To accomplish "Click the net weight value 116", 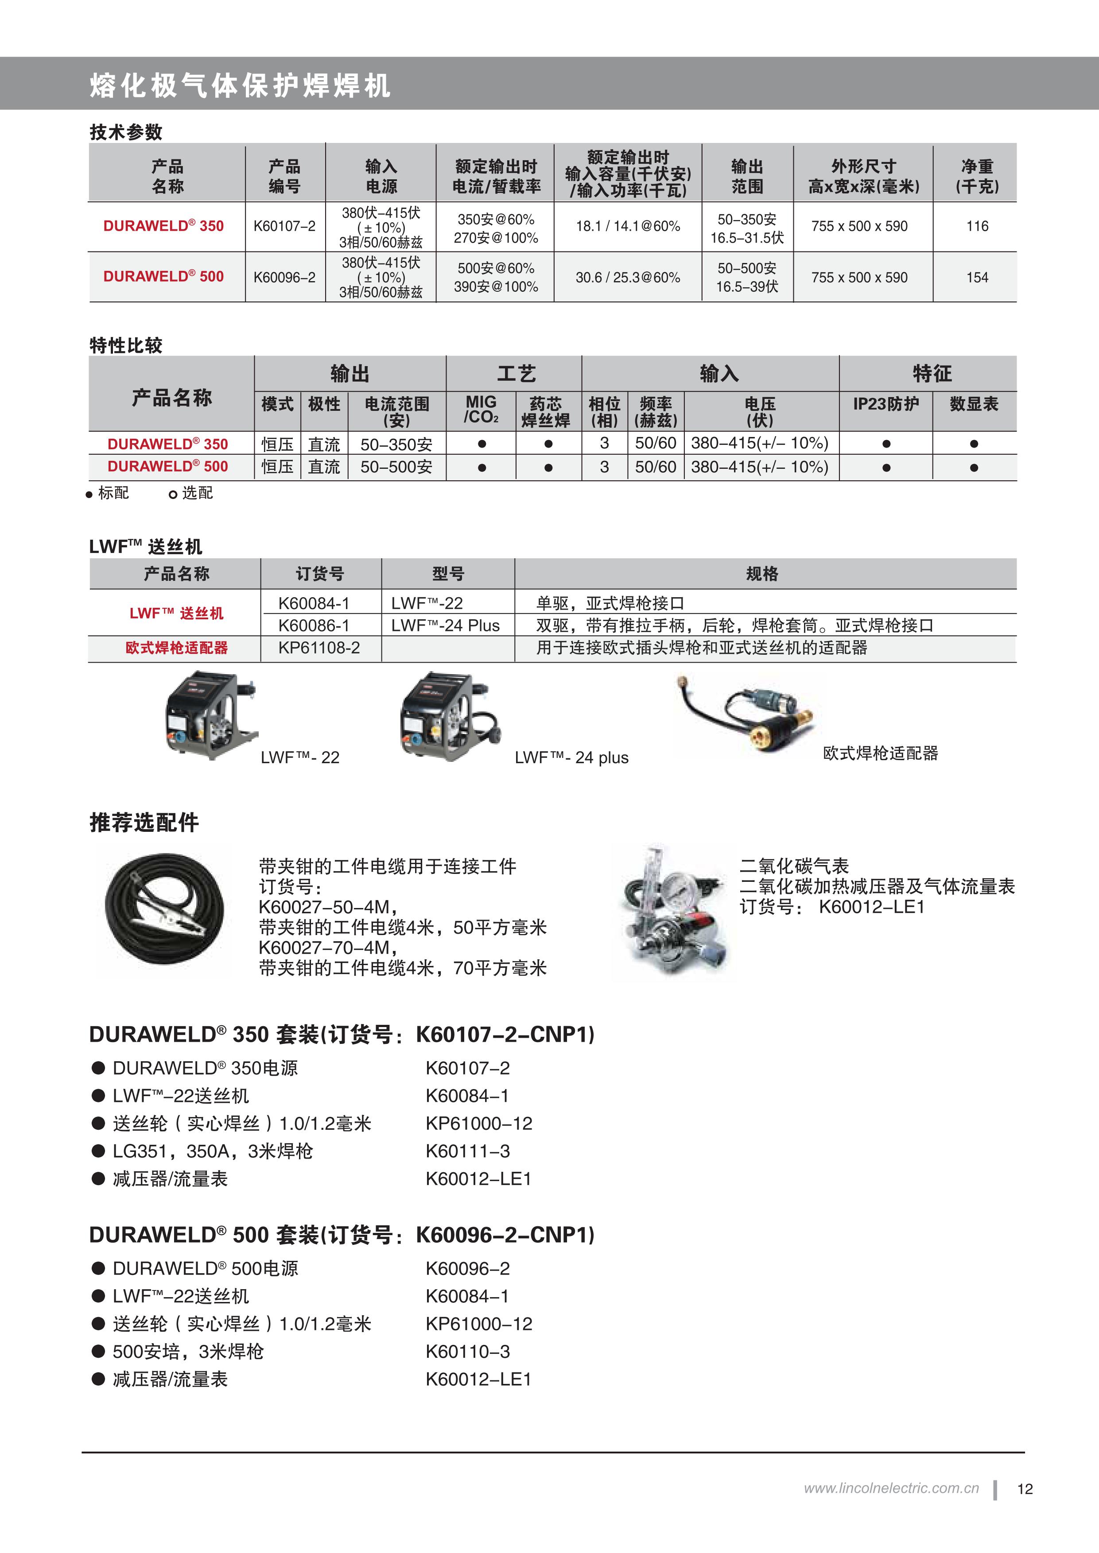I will tap(976, 227).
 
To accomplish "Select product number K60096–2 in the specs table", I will tap(284, 277).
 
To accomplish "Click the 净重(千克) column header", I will tap(976, 176).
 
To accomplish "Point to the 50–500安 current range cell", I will tap(396, 467).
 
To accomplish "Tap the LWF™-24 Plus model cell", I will tap(445, 626).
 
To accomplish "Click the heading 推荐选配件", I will tap(144, 823).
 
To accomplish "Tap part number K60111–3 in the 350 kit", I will tap(468, 1151).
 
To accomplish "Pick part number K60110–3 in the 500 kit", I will tap(468, 1352).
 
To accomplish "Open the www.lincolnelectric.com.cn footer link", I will tap(891, 1488).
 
